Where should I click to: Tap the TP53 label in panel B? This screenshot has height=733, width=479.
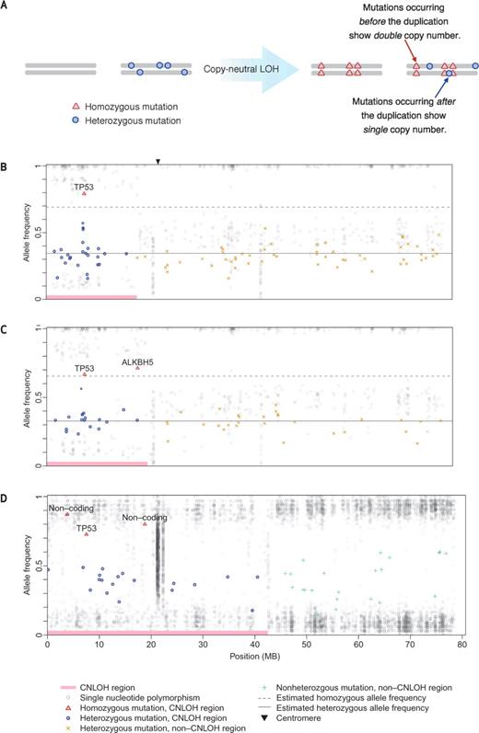[x=84, y=186]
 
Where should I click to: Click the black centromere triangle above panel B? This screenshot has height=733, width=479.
[x=158, y=161]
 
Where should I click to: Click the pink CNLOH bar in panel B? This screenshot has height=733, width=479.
[x=91, y=297]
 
